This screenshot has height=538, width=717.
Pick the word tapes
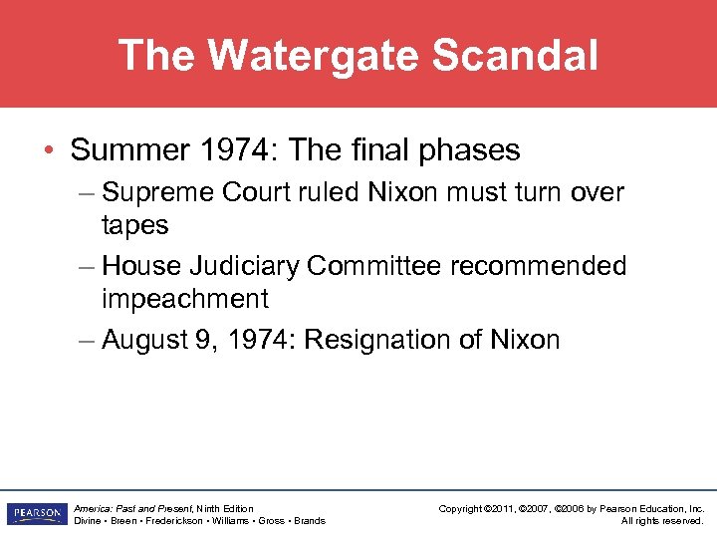coord(135,225)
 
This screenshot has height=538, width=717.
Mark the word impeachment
coord(185,299)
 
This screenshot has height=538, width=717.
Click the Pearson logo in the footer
coord(35,514)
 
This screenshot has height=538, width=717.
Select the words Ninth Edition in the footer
coord(226,508)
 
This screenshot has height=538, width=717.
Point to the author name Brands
coord(310,520)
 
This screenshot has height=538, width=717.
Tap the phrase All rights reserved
coord(662,520)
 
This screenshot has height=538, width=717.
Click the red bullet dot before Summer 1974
coord(50,151)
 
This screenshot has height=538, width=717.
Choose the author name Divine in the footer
coord(89,520)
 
